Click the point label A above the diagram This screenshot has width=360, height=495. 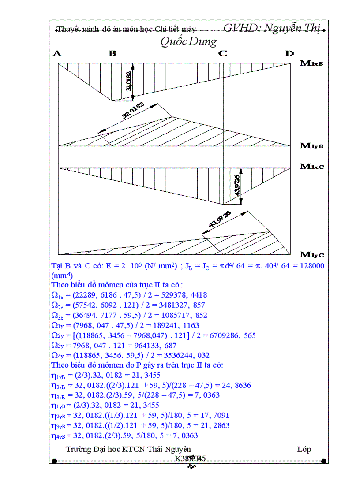(x=57, y=54)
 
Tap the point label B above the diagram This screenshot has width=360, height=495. (x=112, y=54)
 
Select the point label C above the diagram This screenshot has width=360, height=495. (x=223, y=54)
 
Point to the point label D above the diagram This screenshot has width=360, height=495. (x=289, y=54)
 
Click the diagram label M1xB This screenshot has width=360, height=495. (x=312, y=63)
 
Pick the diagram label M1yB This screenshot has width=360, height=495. (x=312, y=146)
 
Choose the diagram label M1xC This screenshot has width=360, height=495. (x=312, y=166)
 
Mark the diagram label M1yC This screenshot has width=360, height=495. (x=312, y=254)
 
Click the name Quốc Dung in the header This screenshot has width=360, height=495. (x=188, y=42)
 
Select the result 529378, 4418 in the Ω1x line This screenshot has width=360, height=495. (x=185, y=295)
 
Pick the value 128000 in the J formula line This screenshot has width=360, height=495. (x=308, y=266)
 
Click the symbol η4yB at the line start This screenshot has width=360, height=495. (x=60, y=436)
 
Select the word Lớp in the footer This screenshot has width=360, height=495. (x=304, y=449)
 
